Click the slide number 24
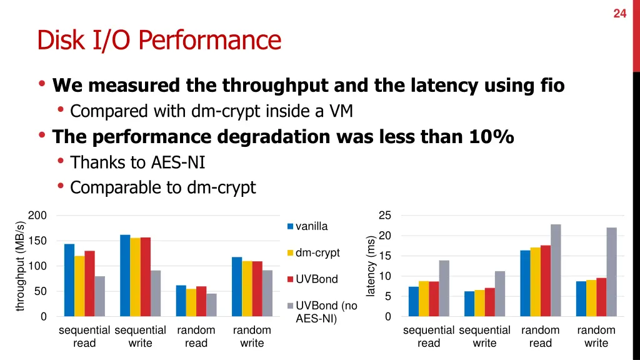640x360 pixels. pos(619,13)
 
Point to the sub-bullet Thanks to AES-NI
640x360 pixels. pos(137,162)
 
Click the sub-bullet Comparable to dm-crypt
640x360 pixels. pos(162,187)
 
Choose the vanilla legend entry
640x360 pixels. pos(311,226)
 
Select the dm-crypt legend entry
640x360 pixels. pos(317,252)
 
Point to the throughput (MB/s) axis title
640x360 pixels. pos(20,266)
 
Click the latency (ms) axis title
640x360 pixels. pos(371,266)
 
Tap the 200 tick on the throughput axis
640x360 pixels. pos(37,216)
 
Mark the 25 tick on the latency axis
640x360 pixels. pos(385,216)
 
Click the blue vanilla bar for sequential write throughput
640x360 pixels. pos(125,276)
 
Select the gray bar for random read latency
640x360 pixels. pos(556,270)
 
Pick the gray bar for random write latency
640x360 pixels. pos(611,272)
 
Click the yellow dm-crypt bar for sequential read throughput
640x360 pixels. pos(79,286)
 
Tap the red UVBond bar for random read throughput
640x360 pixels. pos(201,301)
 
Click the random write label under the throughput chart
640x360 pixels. pos(252,336)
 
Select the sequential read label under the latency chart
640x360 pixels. pos(429,336)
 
